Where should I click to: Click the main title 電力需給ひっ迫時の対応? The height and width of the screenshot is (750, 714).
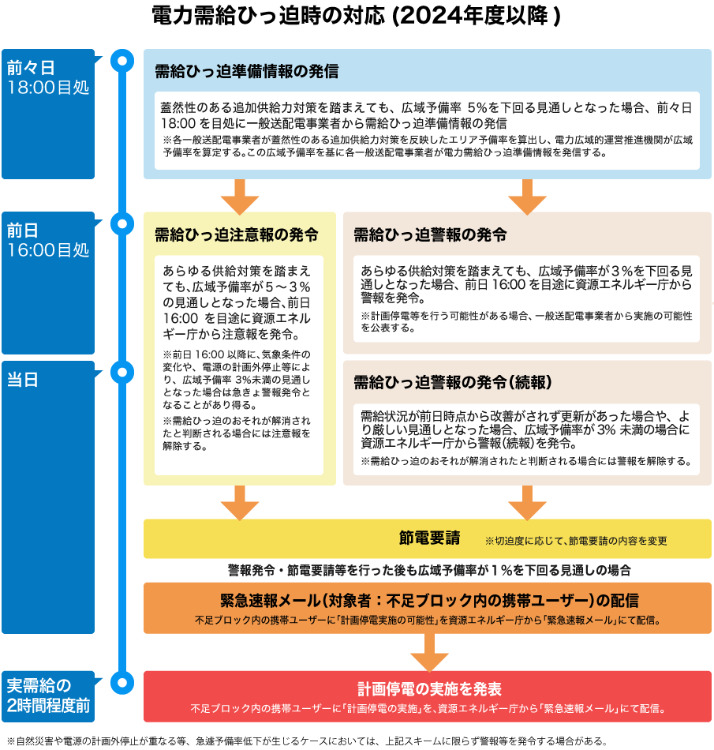coord(268,15)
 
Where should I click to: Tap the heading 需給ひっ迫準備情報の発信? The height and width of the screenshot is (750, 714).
coord(247,71)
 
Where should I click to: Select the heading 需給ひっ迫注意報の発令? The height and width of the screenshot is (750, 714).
coord(237,234)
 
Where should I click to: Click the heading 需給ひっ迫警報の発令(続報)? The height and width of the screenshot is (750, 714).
coord(453,382)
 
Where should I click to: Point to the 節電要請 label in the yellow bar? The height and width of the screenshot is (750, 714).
coord(430,538)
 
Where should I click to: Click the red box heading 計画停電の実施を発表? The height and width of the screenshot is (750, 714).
coord(429,688)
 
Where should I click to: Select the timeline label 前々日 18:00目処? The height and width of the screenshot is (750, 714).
coord(48,77)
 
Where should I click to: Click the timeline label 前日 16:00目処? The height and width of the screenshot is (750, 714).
coord(48,240)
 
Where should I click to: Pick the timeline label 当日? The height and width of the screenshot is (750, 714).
coord(22,380)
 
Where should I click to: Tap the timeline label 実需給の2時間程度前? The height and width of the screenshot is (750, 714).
coord(48,696)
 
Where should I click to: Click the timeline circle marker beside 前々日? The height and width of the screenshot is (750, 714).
coord(122,61)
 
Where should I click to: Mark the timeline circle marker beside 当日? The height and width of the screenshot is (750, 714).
coord(122,372)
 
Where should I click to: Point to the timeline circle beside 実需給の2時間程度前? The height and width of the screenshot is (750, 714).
coord(122,683)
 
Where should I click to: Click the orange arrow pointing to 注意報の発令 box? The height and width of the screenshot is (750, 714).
coord(240,197)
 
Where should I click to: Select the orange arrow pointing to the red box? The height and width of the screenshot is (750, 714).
coord(429,652)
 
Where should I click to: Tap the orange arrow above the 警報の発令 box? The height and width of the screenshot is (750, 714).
coord(527,197)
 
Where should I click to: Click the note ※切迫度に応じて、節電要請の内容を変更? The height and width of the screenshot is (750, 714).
coord(576,541)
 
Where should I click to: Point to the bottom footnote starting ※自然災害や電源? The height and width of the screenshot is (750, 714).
coord(307,741)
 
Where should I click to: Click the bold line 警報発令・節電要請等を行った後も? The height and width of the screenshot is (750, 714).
coord(429,570)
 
